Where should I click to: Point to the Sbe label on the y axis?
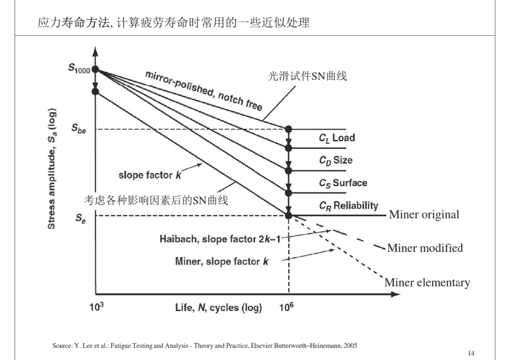tap(79, 128)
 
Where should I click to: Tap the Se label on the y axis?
tap(81, 218)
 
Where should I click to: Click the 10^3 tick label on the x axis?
tap(97, 306)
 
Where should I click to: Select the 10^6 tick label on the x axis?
tap(286, 306)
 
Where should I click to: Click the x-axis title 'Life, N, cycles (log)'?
tap(219, 307)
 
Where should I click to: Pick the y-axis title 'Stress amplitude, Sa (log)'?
tap(52, 168)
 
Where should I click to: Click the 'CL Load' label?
tap(337, 138)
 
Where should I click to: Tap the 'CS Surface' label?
tap(343, 183)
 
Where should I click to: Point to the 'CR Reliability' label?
tap(348, 206)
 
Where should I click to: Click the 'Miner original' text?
tap(424, 214)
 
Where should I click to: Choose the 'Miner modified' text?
tap(425, 248)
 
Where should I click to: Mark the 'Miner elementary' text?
tap(427, 283)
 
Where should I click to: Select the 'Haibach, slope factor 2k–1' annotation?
tap(220, 239)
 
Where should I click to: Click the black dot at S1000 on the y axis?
tap(95, 69)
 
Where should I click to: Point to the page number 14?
tap(471, 353)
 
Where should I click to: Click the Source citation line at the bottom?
tap(204, 346)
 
